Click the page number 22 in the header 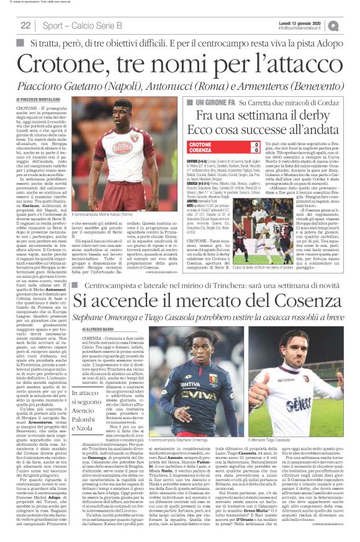[x=25, y=25]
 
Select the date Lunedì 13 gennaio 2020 [x=301, y=22]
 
